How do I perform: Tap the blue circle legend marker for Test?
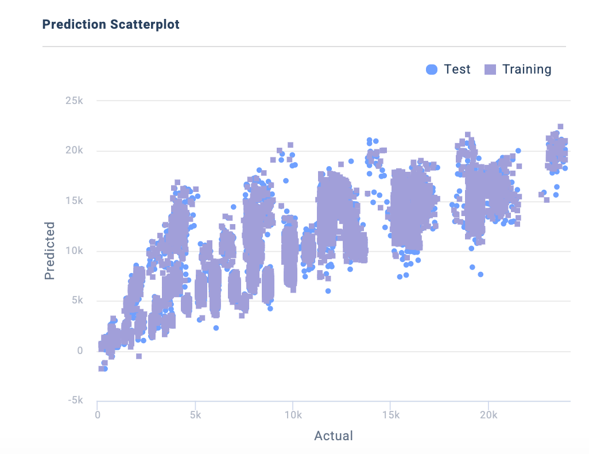432,70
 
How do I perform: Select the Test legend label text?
457,70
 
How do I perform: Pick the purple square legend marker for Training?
490,70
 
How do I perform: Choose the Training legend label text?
526,70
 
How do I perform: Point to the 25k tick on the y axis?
73,101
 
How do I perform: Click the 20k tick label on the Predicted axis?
73,151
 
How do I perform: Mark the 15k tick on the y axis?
73,201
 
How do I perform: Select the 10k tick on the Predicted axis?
73,251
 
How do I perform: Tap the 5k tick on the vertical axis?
76,301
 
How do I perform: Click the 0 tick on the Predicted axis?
80,351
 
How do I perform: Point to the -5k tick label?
75,401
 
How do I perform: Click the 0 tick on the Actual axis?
98,414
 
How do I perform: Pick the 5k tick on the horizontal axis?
195,414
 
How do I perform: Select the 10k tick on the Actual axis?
293,414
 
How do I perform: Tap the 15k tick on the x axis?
391,414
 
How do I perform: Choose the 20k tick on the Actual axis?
489,414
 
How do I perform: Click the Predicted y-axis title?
50,251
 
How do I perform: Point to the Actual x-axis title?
334,436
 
